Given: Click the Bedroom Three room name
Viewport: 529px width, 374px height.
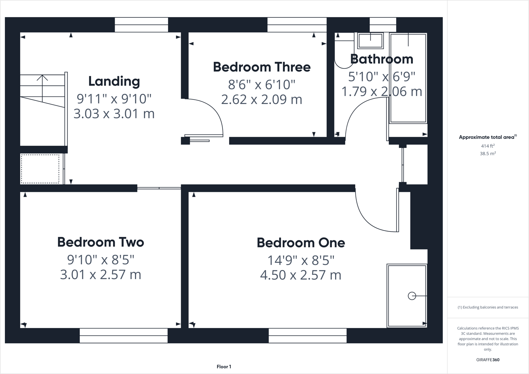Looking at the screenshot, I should point(262,67).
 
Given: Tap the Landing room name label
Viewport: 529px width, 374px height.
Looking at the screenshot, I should point(114,81).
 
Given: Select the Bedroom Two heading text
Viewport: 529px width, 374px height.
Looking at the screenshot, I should point(100,242).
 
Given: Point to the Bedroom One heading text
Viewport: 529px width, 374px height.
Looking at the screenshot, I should point(301,243).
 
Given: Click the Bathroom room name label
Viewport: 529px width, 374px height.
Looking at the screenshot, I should point(381,59).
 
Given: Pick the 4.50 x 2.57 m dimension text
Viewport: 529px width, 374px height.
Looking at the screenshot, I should point(301,275).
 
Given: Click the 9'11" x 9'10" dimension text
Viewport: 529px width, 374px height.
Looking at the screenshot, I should point(114,99).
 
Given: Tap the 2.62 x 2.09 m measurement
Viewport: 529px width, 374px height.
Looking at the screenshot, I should point(262,99).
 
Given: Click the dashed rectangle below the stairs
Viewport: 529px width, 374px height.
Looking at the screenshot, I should point(40,169).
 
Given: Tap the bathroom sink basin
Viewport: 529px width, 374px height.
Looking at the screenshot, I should point(370,41).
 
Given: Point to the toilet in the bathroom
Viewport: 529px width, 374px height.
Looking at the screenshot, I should point(343,52).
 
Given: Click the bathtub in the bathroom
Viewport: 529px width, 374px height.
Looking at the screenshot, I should point(408,78).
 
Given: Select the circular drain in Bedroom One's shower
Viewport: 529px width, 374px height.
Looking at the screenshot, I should point(412,296).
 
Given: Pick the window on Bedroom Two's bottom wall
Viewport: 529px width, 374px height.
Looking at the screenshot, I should point(123,336).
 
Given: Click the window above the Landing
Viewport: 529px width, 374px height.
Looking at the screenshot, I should point(141,25).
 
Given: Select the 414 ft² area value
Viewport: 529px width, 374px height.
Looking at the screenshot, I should point(488,146).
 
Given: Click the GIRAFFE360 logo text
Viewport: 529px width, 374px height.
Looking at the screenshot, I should point(488,360).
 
